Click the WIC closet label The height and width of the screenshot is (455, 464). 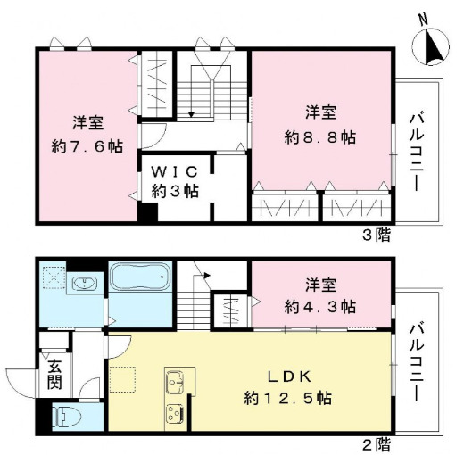174,170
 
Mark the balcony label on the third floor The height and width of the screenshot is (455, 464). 417,150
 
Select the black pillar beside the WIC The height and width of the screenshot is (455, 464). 147,214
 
